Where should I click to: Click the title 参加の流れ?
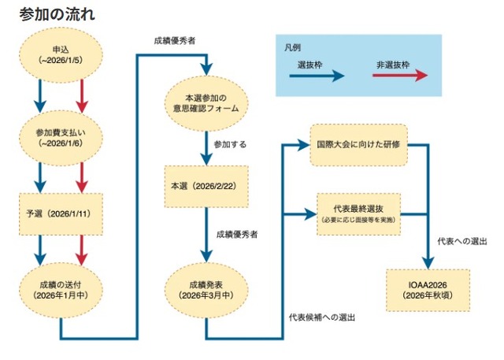(53, 13)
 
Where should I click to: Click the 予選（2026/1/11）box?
(62, 213)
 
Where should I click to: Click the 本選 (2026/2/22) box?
(206, 187)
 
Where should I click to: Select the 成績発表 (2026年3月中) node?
(206, 288)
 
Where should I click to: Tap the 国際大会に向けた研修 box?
(358, 145)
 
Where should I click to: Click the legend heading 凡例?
(291, 47)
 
